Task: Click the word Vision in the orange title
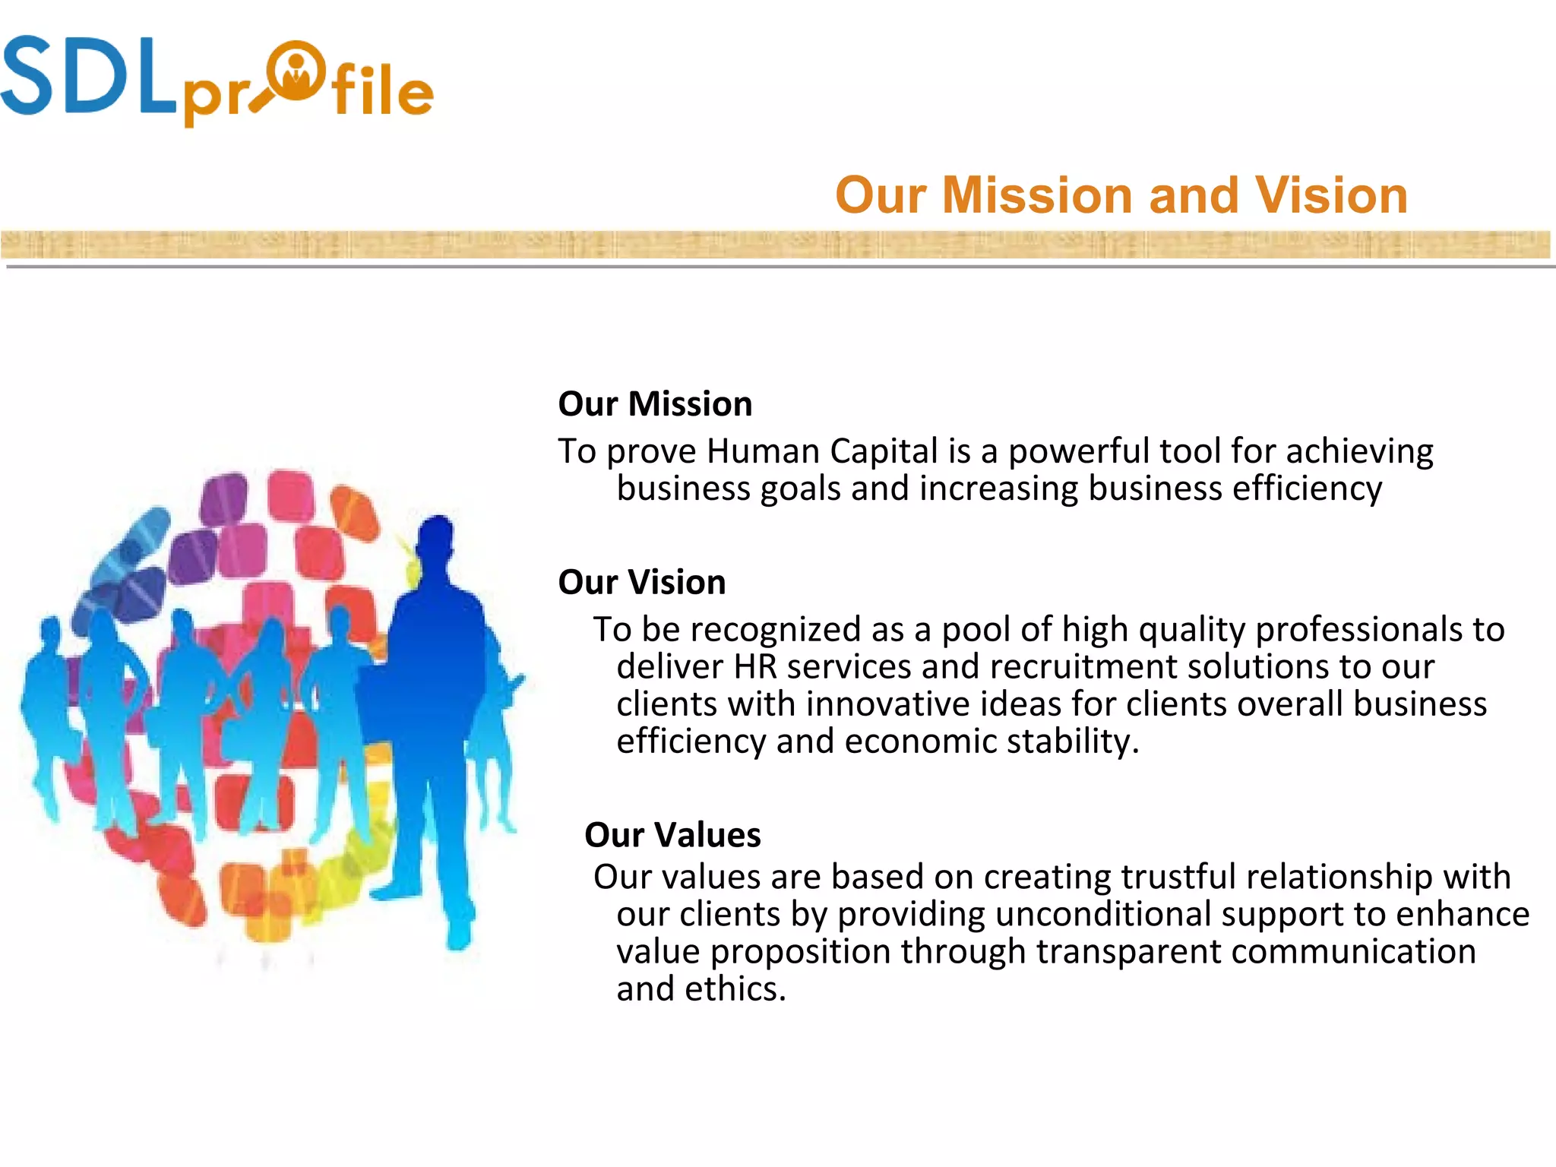tap(1331, 195)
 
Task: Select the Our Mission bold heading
tap(655, 403)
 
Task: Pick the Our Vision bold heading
tap(642, 582)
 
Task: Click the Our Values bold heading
tap(672, 835)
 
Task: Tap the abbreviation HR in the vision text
tap(755, 667)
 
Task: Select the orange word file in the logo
tap(382, 91)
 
